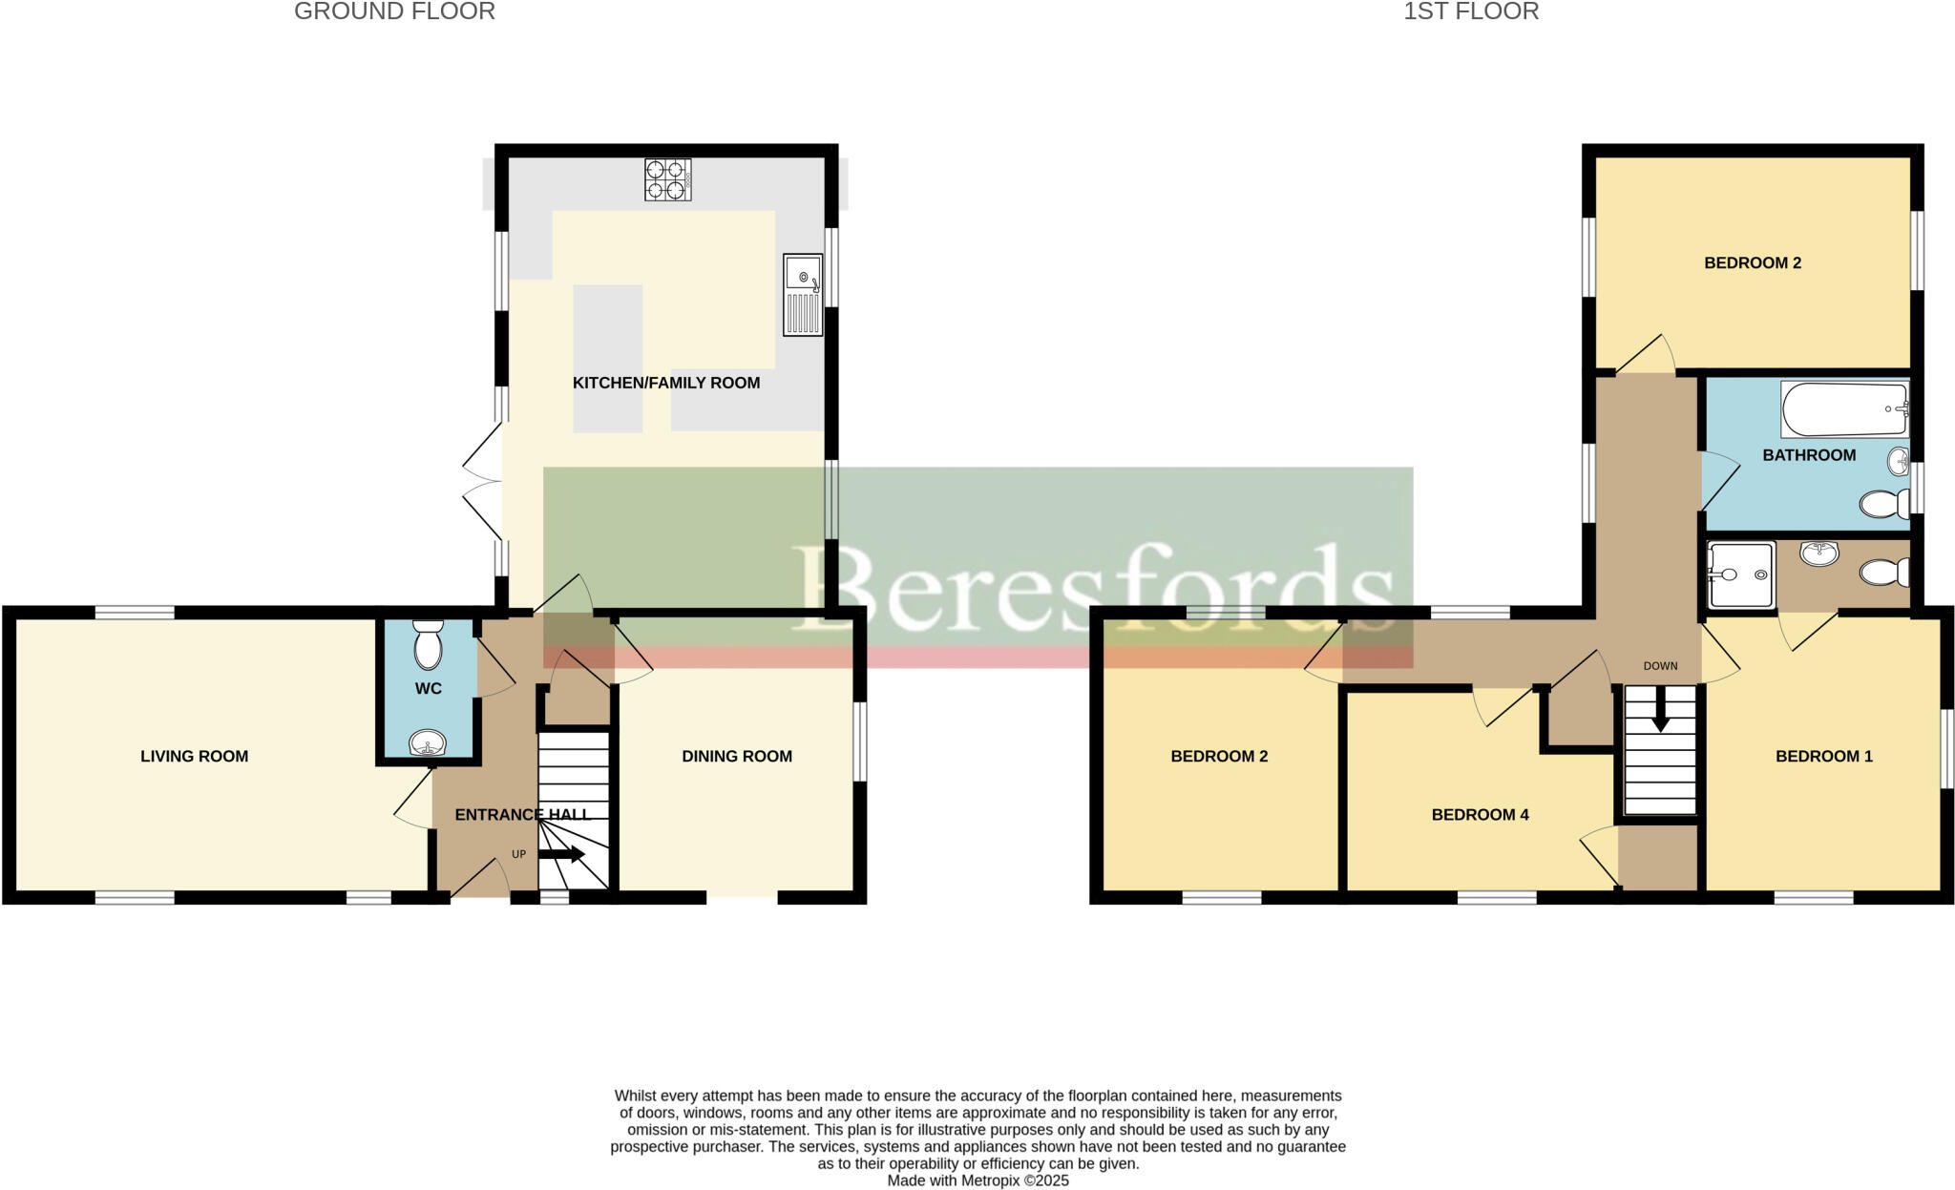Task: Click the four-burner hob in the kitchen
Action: [x=668, y=179]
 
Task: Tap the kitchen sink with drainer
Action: [x=803, y=294]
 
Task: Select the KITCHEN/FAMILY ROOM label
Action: [x=666, y=383]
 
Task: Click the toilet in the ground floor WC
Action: [x=429, y=646]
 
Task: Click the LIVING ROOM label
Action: [x=194, y=756]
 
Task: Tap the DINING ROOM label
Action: [x=737, y=756]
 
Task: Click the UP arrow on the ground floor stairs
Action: [x=561, y=855]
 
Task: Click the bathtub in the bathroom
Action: [x=1843, y=409]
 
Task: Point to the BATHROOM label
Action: [x=1809, y=455]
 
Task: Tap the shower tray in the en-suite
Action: [x=1741, y=574]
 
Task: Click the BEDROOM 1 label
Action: [x=1823, y=756]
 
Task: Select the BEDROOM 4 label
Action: [x=1480, y=814]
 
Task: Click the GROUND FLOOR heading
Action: [x=394, y=11]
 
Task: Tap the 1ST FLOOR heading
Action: [x=1470, y=11]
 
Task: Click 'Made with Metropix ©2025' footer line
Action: [x=977, y=1180]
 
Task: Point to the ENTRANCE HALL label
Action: [x=523, y=814]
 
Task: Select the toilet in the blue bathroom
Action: [x=1883, y=504]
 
